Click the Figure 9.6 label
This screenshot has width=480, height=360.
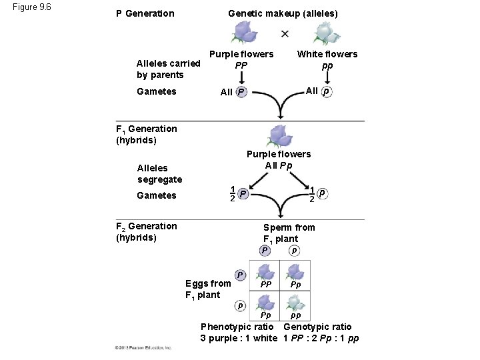(x=32, y=7)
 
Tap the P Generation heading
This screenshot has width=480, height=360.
(x=145, y=13)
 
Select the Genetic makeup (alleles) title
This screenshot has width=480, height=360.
(x=283, y=13)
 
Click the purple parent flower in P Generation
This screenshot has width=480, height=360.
(x=245, y=32)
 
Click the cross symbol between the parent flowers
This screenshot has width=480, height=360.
(x=285, y=33)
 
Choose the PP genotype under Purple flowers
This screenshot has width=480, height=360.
(x=241, y=65)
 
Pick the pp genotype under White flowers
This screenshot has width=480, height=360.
(x=327, y=65)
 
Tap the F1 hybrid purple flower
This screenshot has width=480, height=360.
(x=279, y=135)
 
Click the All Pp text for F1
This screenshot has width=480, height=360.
(x=279, y=165)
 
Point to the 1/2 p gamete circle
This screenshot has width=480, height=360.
(x=323, y=193)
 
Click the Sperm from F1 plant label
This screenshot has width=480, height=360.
(x=289, y=233)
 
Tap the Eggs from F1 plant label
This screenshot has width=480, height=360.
(x=207, y=289)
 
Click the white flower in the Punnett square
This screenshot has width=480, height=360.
(x=294, y=302)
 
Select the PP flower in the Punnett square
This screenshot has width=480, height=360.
(x=266, y=271)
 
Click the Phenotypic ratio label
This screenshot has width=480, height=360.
(x=237, y=327)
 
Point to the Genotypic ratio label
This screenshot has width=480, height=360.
(x=317, y=327)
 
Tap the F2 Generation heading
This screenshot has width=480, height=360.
(x=147, y=231)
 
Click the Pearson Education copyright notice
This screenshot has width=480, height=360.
(x=143, y=347)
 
